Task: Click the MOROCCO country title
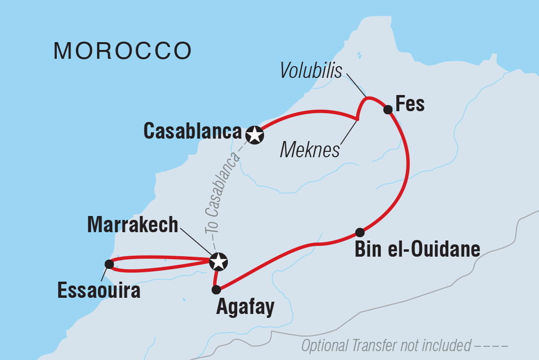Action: (x=122, y=51)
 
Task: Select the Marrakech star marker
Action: (x=218, y=262)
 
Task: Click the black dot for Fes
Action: (x=388, y=109)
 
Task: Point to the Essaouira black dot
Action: (x=109, y=264)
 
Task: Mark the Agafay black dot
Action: (x=216, y=289)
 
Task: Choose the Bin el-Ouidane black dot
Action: (x=360, y=232)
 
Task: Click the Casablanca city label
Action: (x=193, y=131)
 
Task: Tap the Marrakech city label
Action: (x=132, y=225)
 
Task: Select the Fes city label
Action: (x=410, y=104)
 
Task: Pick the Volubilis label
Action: (x=311, y=72)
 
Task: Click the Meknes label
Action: (x=310, y=150)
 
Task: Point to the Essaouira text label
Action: (x=99, y=290)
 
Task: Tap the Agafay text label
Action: (x=245, y=309)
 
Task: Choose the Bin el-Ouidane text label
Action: (x=417, y=250)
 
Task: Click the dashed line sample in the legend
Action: (x=491, y=346)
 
